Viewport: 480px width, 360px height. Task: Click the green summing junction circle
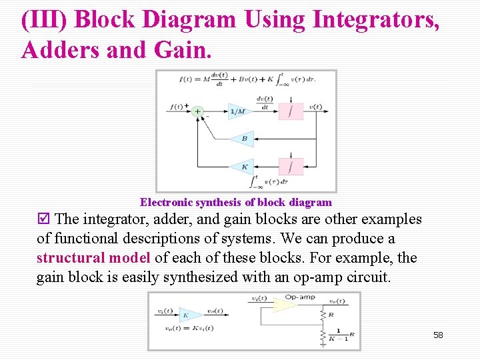click(197, 111)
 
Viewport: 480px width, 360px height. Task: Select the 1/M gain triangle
click(239, 111)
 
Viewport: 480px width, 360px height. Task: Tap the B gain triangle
click(243, 139)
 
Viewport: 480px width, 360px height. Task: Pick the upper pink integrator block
click(291, 111)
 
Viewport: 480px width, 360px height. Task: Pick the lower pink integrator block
click(291, 167)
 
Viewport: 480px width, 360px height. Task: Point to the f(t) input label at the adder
click(177, 107)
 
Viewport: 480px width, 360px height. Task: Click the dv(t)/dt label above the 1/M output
click(265, 103)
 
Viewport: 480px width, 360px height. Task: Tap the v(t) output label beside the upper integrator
click(315, 107)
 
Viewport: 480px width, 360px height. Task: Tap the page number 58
click(438, 335)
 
